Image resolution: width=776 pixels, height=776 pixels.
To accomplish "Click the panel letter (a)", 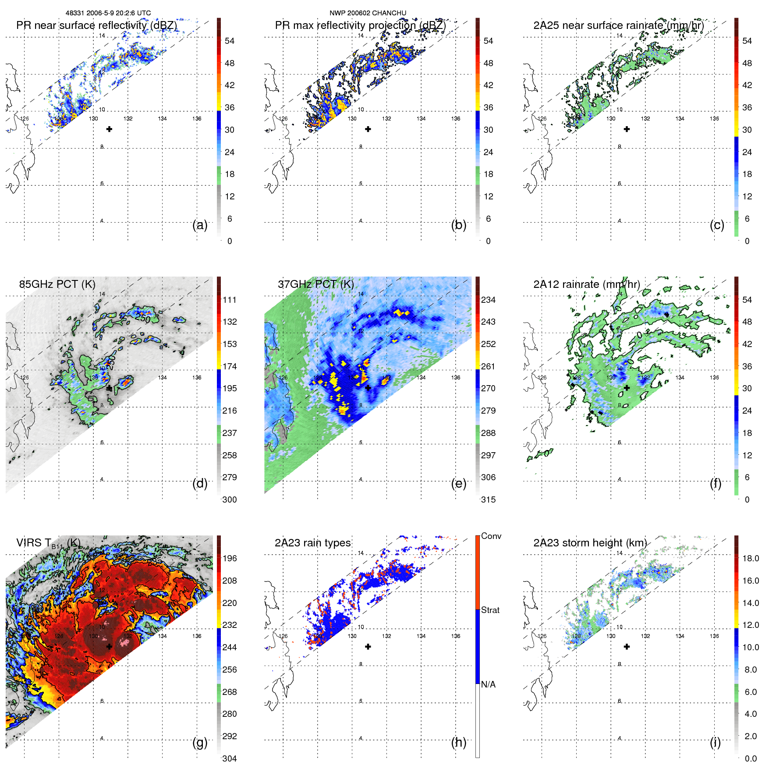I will click(200, 225).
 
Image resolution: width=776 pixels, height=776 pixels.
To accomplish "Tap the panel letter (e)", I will click(459, 484).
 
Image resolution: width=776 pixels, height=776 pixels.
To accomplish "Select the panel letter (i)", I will click(715, 742).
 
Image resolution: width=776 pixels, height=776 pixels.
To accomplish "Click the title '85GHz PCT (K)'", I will click(57, 284).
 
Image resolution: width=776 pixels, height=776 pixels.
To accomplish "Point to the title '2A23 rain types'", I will click(312, 543).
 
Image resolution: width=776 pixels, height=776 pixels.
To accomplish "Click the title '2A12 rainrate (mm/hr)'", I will click(586, 284).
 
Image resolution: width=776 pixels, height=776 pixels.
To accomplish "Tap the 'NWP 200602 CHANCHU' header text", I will click(368, 13).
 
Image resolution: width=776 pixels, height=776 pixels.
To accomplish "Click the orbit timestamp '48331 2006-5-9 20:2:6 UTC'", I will click(108, 13).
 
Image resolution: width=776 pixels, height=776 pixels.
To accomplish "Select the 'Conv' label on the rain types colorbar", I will click(491, 536).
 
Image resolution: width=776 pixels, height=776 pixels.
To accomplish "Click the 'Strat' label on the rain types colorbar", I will click(490, 610).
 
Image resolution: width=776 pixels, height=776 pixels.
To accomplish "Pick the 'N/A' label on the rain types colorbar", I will click(488, 684).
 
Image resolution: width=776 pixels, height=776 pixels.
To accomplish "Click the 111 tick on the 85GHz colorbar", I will click(230, 300).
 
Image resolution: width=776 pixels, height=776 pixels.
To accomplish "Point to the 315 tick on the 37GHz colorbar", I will click(488, 500).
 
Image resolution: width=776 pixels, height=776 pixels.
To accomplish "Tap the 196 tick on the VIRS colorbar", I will click(230, 558).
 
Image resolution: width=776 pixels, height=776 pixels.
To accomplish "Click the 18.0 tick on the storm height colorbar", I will click(750, 558).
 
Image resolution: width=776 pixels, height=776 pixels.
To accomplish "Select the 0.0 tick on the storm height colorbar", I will click(750, 758).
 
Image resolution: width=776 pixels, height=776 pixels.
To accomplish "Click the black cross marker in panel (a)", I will click(109, 129).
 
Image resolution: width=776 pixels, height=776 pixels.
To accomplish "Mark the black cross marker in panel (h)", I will click(368, 646).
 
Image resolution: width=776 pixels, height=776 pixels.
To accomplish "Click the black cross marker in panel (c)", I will click(627, 129).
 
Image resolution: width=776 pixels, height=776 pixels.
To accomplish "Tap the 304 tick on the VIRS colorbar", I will click(230, 758).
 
